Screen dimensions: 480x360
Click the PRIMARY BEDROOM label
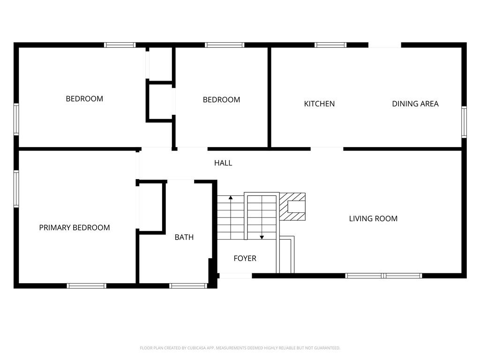click(75, 227)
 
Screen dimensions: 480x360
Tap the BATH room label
click(184, 237)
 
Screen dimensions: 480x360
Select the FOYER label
click(245, 258)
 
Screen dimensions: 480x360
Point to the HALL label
click(223, 163)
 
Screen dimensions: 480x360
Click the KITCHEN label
click(319, 104)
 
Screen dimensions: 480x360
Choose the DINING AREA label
click(415, 104)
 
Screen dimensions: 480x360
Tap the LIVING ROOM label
click(374, 218)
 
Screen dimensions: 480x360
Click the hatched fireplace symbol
click(292, 207)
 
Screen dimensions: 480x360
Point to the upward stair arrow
click(231, 216)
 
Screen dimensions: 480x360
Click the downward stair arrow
click(262, 217)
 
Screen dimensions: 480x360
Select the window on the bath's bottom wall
click(188, 286)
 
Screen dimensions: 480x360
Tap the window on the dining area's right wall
click(464, 122)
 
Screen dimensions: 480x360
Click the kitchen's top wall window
click(330, 45)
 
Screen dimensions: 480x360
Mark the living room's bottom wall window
click(383, 276)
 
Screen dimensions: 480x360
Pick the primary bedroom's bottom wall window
click(87, 286)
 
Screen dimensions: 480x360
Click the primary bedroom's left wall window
click(16, 189)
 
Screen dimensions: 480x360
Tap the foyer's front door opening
click(236, 276)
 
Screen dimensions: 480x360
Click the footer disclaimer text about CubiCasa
click(240, 348)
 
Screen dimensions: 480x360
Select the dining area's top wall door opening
click(385, 45)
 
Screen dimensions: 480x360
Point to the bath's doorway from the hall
click(180, 181)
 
